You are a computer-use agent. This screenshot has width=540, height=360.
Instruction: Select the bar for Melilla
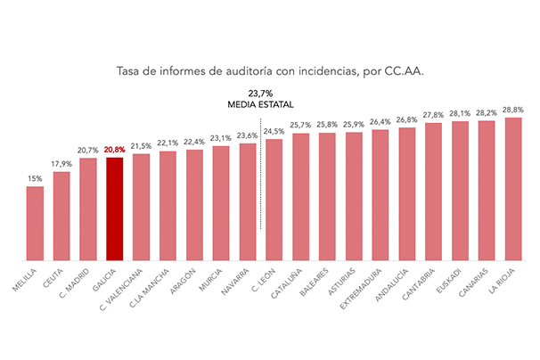(x=35, y=224)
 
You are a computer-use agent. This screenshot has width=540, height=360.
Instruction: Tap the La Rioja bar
(x=513, y=189)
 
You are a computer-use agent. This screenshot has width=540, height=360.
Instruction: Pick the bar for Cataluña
(x=300, y=197)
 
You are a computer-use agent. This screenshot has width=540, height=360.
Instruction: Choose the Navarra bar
(x=248, y=202)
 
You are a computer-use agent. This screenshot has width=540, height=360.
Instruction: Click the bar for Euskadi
(x=460, y=191)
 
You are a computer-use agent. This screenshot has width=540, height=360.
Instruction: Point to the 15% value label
(x=35, y=179)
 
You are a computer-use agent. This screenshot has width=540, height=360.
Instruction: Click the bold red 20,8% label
(x=114, y=150)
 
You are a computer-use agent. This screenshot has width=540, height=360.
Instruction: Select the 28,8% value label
(x=513, y=110)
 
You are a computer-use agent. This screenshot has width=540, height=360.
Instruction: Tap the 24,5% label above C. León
(x=274, y=131)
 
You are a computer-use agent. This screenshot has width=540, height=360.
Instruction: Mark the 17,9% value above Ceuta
(x=61, y=164)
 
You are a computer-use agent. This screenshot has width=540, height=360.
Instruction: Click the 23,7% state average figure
(x=260, y=93)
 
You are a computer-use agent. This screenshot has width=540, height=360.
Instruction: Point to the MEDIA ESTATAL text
(x=260, y=104)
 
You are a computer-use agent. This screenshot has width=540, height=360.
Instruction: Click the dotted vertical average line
(x=260, y=174)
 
